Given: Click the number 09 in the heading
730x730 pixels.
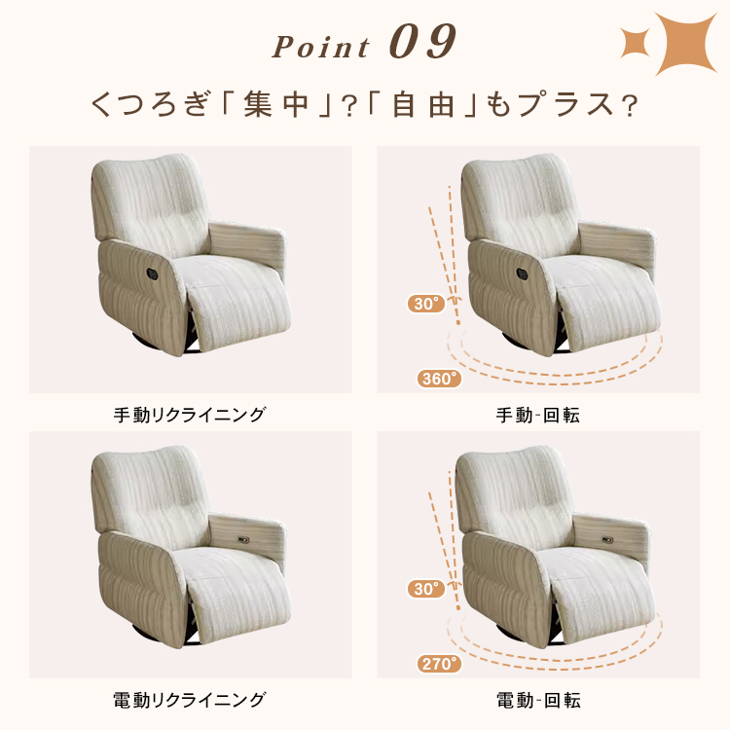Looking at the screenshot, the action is [422, 42].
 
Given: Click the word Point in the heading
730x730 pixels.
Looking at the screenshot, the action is [321, 47].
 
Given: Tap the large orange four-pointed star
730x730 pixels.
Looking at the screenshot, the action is [685, 44].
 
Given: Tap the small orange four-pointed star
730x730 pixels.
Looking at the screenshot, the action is [635, 43].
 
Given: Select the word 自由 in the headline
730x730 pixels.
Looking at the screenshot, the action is [423, 104].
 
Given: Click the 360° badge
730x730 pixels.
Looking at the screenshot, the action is [439, 379].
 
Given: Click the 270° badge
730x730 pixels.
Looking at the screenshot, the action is [439, 664].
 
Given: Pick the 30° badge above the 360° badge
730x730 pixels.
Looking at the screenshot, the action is [426, 304].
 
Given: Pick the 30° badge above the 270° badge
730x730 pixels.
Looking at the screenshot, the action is [426, 589].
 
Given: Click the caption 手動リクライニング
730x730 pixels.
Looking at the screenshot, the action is [190, 415].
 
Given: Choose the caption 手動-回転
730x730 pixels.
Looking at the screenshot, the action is [537, 415].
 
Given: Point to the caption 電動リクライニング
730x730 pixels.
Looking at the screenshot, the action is [190, 700].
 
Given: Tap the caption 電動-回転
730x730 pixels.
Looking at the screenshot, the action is [538, 700].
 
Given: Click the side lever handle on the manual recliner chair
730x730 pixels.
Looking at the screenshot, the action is [152, 274].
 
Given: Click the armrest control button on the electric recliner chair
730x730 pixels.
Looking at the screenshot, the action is [243, 539].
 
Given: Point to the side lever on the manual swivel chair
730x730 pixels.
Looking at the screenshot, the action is [522, 274].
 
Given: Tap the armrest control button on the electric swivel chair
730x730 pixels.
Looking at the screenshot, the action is [607, 539].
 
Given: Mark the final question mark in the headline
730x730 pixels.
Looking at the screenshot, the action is [630, 106].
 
